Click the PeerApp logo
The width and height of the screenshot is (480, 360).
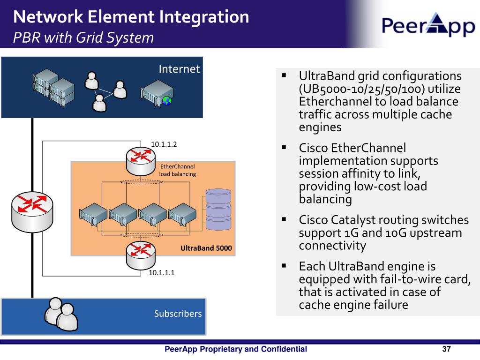[x=428, y=24]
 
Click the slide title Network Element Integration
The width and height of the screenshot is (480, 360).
[x=131, y=17]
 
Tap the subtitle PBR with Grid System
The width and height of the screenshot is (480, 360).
[x=83, y=37]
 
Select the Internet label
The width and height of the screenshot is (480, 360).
[x=179, y=69]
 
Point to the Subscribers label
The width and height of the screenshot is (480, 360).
[x=178, y=314]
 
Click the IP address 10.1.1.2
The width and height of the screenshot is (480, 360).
[x=164, y=144]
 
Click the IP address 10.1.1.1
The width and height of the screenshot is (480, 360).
[x=162, y=272]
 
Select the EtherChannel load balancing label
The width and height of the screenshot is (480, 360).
[x=178, y=170]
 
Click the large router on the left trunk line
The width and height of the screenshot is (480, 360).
[x=32, y=211]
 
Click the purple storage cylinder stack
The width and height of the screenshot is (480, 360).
[x=218, y=210]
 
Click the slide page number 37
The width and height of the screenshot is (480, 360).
[x=446, y=349]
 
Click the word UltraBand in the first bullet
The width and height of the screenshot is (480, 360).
[x=325, y=76]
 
